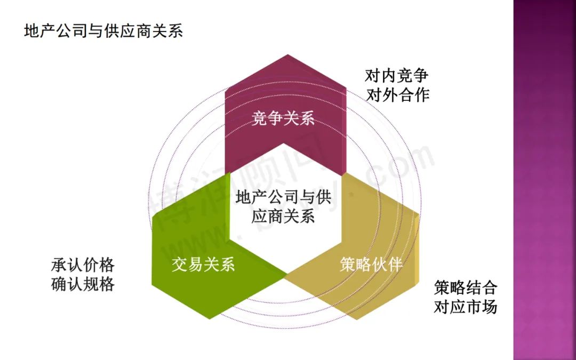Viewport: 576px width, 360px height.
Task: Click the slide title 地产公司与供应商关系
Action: [103, 31]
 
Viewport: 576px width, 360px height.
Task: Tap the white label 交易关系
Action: [203, 264]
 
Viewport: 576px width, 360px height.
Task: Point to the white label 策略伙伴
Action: [371, 264]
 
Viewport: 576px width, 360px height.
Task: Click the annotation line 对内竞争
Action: [397, 75]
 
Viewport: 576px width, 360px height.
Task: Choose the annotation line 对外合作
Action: [397, 95]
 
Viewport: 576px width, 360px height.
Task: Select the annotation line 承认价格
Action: [83, 265]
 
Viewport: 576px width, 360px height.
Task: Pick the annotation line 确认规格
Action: [83, 284]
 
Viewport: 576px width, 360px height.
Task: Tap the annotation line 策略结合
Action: [465, 288]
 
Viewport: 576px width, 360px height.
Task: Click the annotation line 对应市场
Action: [465, 307]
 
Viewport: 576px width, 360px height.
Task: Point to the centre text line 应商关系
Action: [283, 217]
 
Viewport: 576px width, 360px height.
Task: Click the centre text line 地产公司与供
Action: [283, 198]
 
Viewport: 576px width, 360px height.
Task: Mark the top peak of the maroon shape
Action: [287, 55]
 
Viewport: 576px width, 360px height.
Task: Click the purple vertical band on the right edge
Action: [544, 180]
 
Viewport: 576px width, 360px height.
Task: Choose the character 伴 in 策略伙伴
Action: [395, 264]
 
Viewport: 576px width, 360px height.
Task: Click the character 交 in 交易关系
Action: [180, 264]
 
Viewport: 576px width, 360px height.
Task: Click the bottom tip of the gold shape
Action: [356, 319]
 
